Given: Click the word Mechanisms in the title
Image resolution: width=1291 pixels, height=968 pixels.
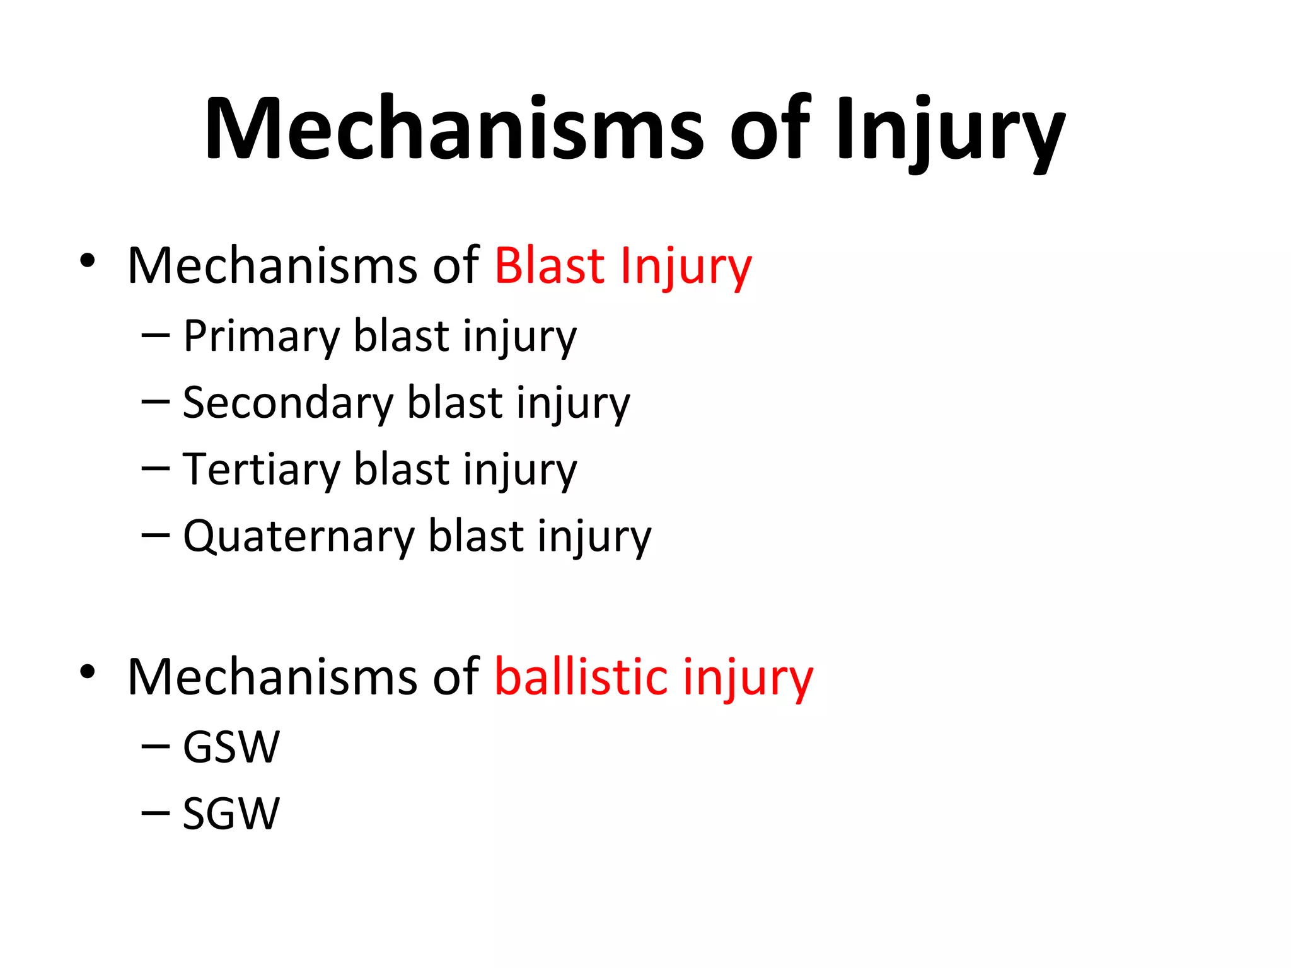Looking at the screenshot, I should point(453,129).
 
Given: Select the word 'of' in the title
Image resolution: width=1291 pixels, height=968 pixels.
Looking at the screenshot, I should point(770,129).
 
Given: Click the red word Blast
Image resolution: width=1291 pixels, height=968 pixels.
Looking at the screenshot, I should point(550,265).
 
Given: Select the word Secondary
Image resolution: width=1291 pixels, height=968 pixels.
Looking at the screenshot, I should point(288,403).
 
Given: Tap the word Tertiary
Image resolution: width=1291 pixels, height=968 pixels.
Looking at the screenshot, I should point(262,470).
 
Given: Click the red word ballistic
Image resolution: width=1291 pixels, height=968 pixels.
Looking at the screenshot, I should point(581,677).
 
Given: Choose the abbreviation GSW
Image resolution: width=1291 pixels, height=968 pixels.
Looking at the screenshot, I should point(231,747).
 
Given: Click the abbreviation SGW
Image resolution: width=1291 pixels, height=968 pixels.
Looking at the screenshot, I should point(231,814).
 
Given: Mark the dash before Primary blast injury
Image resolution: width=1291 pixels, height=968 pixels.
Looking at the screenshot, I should point(156,335).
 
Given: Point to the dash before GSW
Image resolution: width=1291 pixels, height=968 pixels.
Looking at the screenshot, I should point(156,747).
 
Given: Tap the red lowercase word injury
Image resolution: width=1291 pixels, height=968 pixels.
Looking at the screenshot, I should point(748,679).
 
